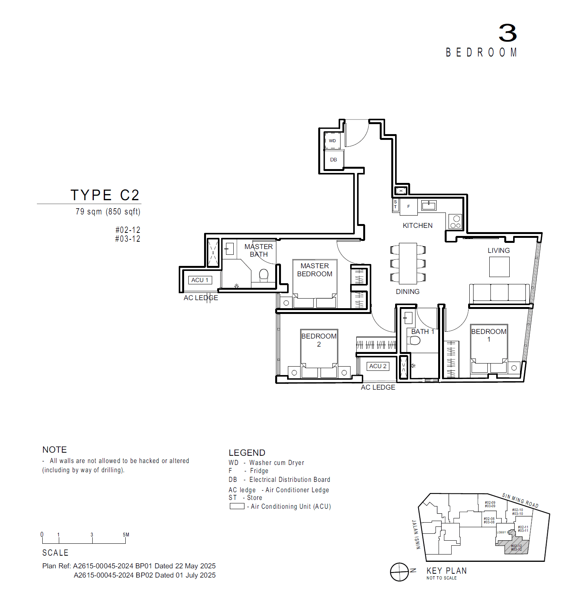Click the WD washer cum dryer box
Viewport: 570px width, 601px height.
332,141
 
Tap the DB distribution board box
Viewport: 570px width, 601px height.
334,159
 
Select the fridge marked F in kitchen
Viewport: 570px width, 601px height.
409,206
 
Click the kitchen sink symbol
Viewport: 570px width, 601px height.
429,206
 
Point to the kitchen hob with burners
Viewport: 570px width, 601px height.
455,222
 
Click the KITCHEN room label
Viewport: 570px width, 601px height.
417,226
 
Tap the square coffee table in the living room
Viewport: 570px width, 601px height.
499,267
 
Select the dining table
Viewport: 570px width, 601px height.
408,263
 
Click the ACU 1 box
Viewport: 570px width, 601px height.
200,280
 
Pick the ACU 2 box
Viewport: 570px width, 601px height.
378,366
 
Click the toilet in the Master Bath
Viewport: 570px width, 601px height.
264,275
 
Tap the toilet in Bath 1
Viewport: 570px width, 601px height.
415,340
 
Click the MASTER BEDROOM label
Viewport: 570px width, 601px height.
314,270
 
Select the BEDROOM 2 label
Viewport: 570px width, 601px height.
319,340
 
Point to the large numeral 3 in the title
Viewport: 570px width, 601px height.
507,33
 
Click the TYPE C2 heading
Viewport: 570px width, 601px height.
105,195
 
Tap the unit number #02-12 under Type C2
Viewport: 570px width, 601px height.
128,230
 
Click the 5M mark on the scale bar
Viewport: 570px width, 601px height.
126,535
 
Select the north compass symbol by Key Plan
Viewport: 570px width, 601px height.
400,572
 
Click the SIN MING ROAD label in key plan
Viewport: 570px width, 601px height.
520,500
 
